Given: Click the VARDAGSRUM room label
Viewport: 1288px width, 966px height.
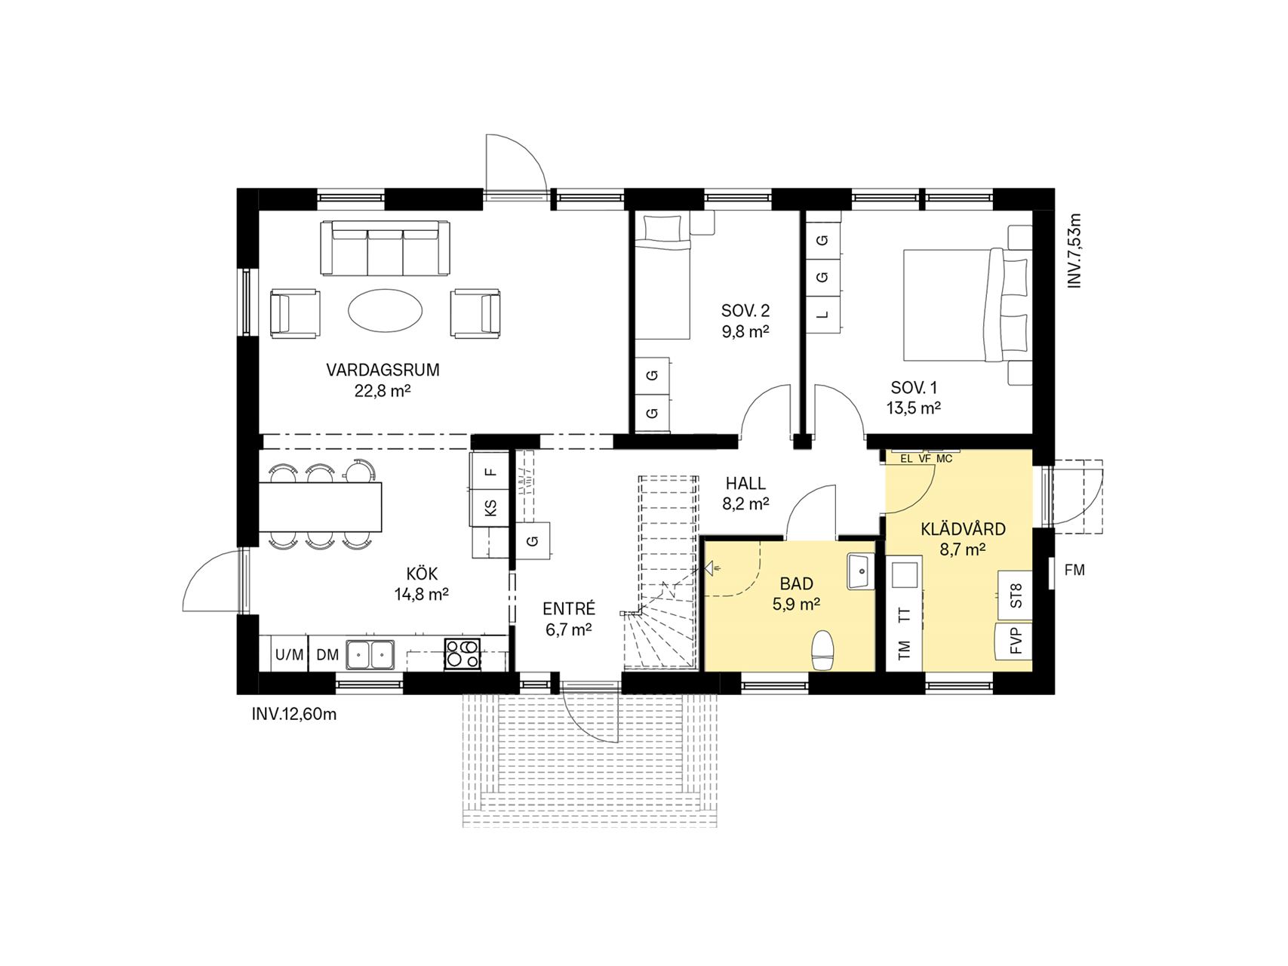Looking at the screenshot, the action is (x=383, y=371).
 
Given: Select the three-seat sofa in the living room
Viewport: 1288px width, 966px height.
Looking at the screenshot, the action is (x=385, y=248).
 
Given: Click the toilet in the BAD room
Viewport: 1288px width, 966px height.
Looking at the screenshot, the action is (x=822, y=650).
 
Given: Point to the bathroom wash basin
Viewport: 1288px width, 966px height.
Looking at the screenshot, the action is (x=860, y=571).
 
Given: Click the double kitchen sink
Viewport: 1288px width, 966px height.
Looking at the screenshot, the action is (x=370, y=654).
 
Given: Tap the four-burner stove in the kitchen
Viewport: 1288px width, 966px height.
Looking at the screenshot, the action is (x=462, y=654).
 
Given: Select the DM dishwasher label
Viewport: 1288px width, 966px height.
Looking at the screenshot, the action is (x=327, y=655).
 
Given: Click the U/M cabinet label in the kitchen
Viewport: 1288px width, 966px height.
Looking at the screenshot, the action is (x=289, y=655).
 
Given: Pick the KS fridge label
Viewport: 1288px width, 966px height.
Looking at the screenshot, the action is (x=491, y=507).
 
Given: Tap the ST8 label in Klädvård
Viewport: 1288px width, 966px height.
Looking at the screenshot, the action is (x=1016, y=596).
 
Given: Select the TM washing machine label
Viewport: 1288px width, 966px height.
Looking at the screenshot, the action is (x=905, y=648).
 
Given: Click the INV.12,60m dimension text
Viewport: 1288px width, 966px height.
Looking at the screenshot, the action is (x=294, y=714).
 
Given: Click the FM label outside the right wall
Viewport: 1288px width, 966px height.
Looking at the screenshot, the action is (x=1074, y=571).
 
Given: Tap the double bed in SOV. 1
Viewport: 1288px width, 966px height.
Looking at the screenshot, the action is (x=968, y=305).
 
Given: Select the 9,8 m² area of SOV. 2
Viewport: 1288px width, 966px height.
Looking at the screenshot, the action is (x=745, y=331).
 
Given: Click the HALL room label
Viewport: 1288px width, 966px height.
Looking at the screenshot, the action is (x=745, y=484).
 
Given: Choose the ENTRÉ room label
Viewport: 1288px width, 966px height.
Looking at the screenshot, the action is (x=569, y=608).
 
